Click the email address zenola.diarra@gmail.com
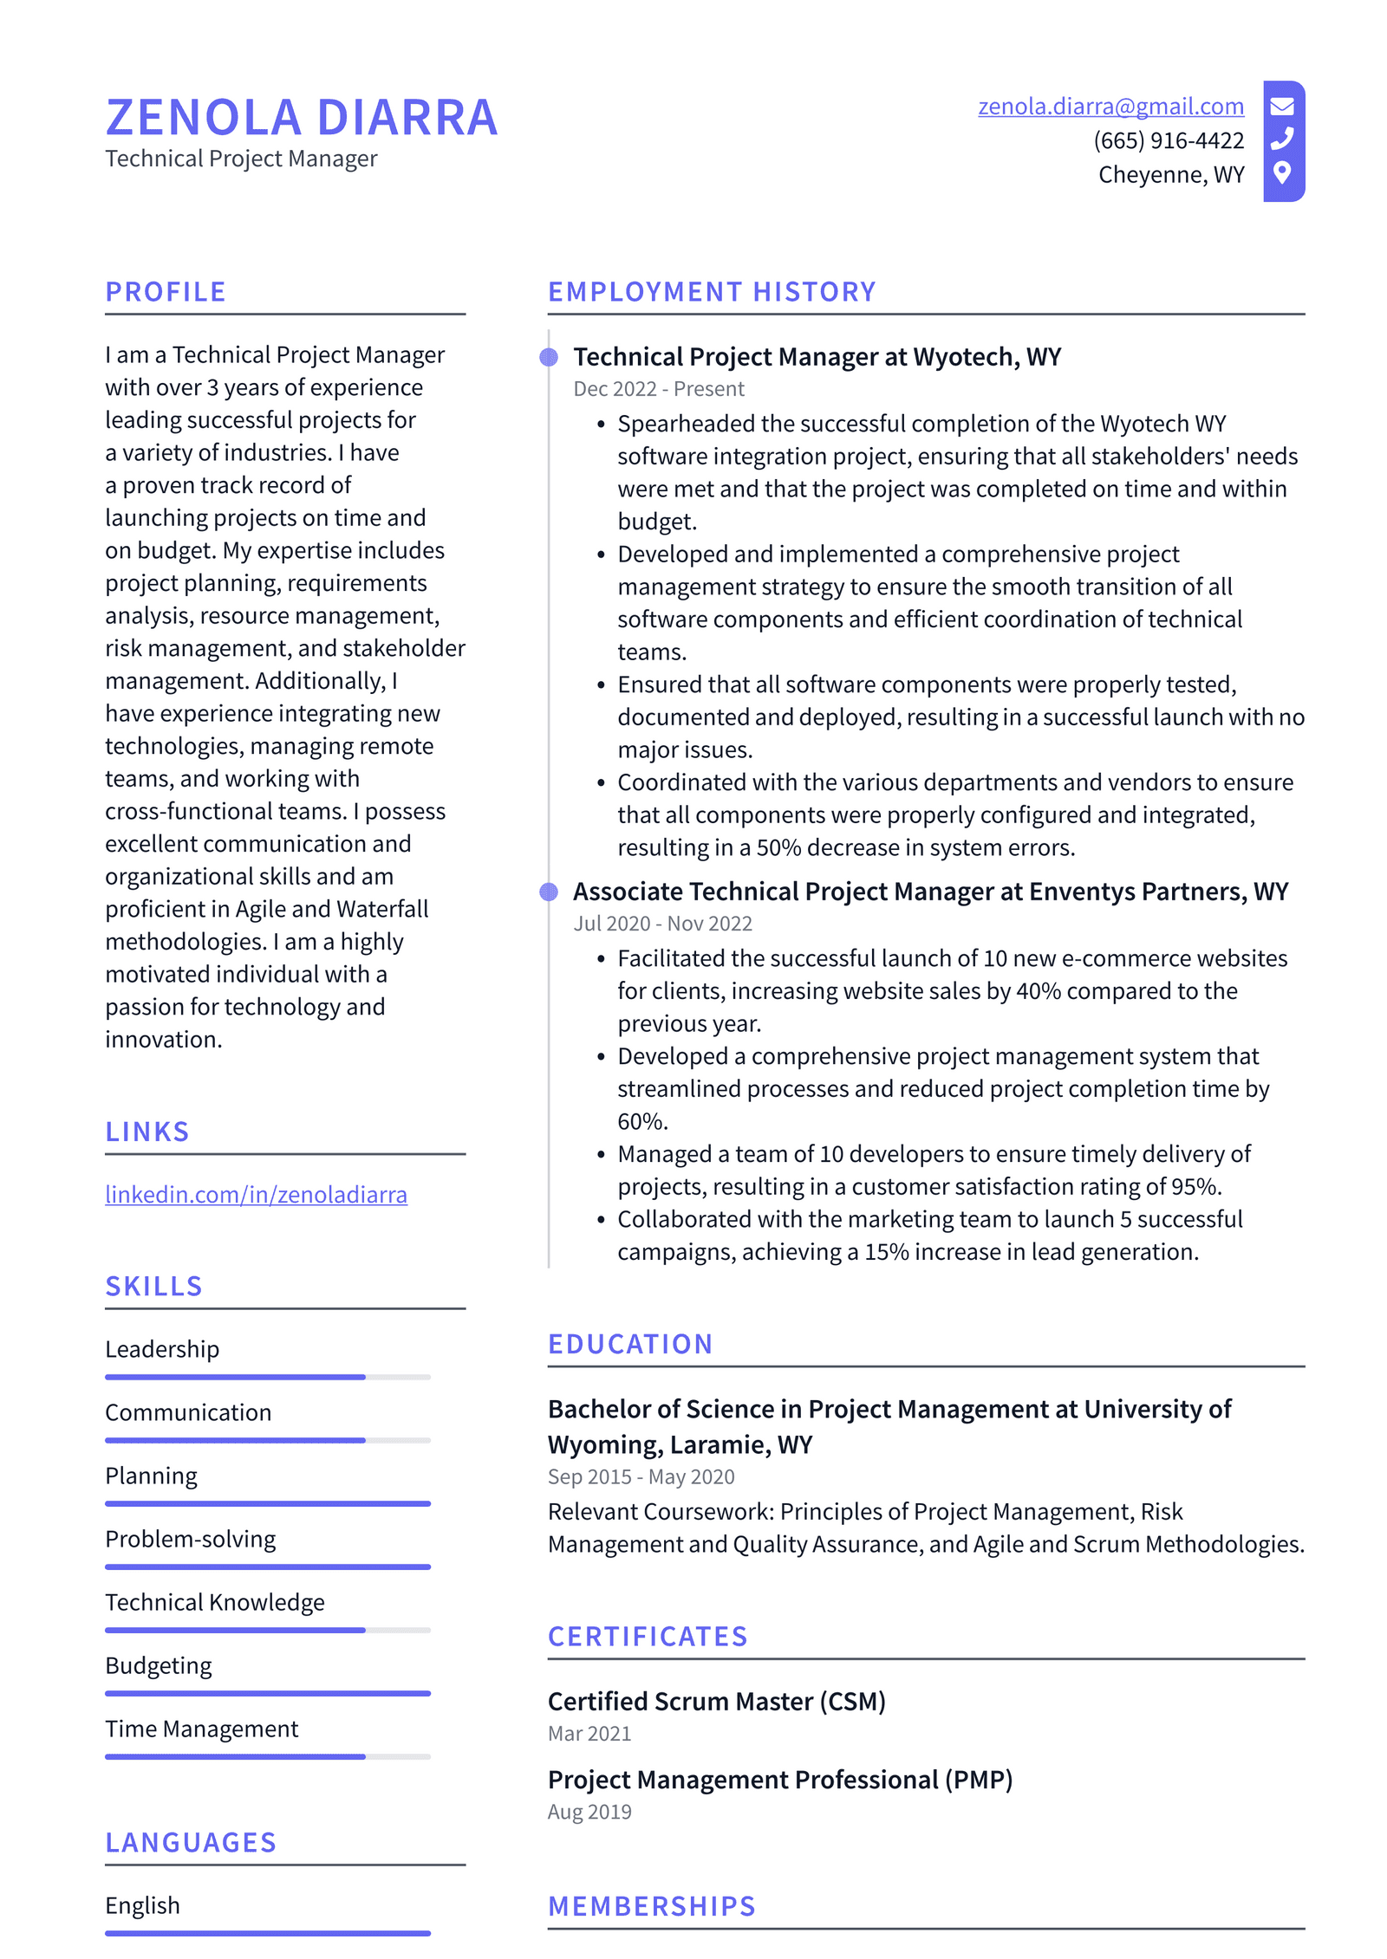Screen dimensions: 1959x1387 [1110, 107]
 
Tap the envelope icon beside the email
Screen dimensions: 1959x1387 [1282, 107]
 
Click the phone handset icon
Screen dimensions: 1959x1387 [1282, 139]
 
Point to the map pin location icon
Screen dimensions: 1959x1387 [1282, 172]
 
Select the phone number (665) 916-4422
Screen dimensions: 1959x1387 [1168, 140]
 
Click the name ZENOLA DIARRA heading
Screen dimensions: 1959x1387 [302, 118]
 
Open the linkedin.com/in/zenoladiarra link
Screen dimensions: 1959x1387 [256, 1194]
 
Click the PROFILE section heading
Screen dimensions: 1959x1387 [166, 292]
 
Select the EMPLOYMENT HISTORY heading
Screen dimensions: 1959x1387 [712, 292]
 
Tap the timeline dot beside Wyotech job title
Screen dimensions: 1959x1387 [549, 357]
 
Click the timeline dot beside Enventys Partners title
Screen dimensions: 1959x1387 [549, 892]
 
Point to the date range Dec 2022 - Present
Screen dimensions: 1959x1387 [658, 389]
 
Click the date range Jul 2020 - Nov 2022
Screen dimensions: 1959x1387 [662, 924]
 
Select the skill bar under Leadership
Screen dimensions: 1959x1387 [267, 1377]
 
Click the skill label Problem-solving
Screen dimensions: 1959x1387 [190, 1539]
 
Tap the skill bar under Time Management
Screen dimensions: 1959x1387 [267, 1756]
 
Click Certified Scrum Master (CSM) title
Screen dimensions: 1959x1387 [716, 1701]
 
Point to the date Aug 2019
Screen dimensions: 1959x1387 [589, 1812]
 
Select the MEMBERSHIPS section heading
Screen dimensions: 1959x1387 [652, 1906]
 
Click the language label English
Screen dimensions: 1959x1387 [142, 1905]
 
